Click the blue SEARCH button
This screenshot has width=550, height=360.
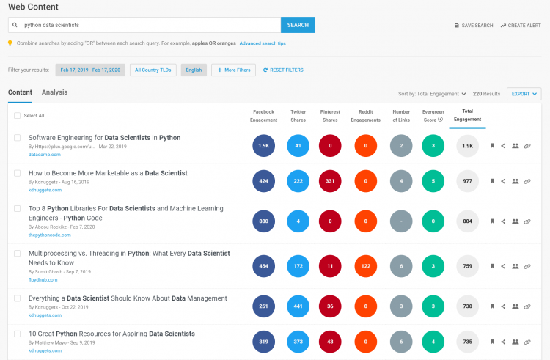click(x=298, y=25)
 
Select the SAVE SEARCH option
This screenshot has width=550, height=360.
click(x=474, y=26)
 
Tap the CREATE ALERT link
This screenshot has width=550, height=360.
click(x=521, y=26)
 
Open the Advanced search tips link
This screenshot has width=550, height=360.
click(x=263, y=43)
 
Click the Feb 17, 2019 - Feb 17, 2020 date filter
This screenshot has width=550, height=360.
click(x=90, y=70)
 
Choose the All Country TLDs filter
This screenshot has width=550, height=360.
click(x=153, y=70)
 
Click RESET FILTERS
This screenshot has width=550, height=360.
click(x=283, y=70)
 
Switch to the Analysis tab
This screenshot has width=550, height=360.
click(x=54, y=92)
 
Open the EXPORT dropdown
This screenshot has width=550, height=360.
click(x=524, y=94)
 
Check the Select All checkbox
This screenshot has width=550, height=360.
click(x=17, y=115)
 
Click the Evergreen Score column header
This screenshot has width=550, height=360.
click(x=433, y=116)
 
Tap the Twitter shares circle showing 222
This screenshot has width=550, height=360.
click(x=298, y=181)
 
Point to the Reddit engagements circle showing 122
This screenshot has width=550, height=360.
click(x=365, y=266)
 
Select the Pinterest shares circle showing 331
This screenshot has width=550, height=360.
click(x=330, y=181)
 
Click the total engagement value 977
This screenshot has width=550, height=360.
click(x=468, y=181)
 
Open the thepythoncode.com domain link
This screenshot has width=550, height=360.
click(x=49, y=235)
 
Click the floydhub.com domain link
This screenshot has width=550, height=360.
click(x=43, y=280)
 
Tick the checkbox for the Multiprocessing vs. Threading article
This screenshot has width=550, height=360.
click(x=17, y=253)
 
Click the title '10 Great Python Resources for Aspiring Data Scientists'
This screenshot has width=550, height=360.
click(x=111, y=334)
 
